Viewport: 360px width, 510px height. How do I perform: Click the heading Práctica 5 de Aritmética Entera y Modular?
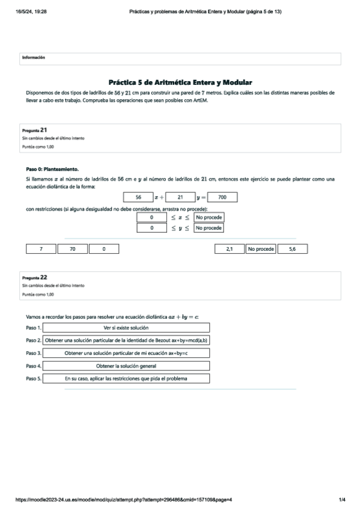[x=180, y=82]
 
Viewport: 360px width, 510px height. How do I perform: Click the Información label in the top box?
[x=34, y=58]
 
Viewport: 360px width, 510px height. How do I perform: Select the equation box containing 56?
[x=138, y=197]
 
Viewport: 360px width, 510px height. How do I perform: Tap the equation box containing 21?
[x=180, y=197]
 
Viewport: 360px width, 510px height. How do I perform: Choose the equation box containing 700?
[x=222, y=197]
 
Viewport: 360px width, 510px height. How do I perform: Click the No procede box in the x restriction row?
[x=209, y=217]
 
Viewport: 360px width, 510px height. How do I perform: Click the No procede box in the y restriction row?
[x=209, y=229]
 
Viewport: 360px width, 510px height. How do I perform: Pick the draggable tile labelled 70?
[x=73, y=248]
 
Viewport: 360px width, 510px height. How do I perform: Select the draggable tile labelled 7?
[x=41, y=248]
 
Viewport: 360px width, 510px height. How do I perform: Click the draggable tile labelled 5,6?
[x=292, y=248]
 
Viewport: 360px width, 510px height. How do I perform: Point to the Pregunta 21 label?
[x=35, y=129]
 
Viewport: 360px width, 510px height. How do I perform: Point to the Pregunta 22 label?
[x=35, y=277]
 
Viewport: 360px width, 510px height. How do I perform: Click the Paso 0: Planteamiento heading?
[x=52, y=169]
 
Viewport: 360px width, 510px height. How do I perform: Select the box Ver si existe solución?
[x=126, y=328]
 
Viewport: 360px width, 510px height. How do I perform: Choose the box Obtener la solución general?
[x=126, y=366]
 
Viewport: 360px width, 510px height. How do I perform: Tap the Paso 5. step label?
[x=34, y=379]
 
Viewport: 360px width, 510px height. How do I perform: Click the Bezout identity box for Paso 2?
[x=126, y=340]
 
